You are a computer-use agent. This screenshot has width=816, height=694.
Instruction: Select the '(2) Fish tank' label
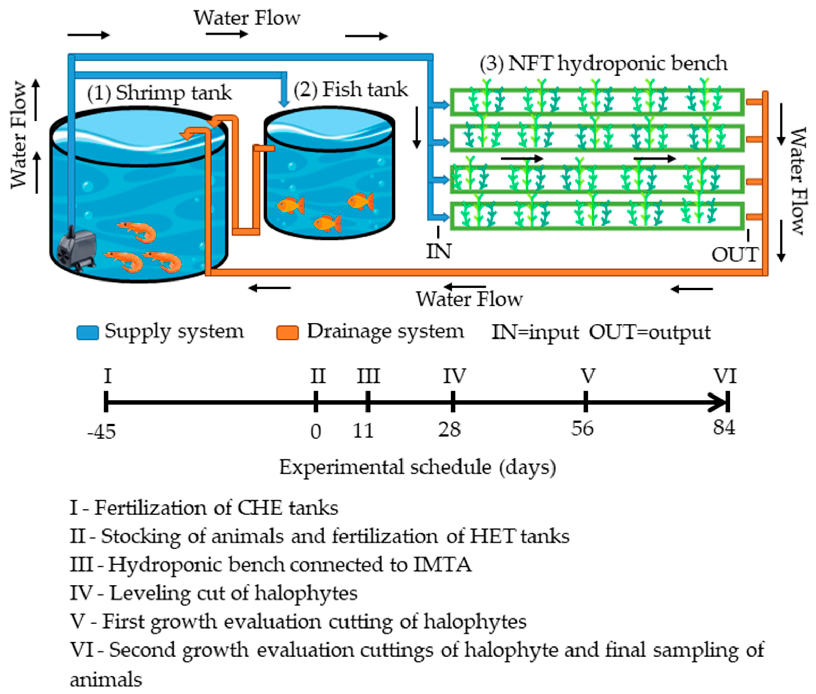tap(350, 89)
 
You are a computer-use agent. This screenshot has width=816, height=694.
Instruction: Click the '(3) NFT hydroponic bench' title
tap(603, 63)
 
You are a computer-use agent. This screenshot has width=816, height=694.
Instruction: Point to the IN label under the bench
tap(438, 251)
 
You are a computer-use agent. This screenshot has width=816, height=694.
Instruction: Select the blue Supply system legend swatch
tap(87, 332)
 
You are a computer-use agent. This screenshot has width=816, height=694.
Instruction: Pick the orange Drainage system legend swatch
tap(287, 332)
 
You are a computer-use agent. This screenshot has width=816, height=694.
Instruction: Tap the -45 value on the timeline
tap(101, 432)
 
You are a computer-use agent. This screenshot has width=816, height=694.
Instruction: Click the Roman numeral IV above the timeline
tap(454, 376)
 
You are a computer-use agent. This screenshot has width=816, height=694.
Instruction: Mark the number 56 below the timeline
tap(582, 428)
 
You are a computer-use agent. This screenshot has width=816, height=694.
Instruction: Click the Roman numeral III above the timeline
tap(368, 376)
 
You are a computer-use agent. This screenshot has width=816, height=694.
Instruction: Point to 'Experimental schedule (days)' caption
tap(417, 468)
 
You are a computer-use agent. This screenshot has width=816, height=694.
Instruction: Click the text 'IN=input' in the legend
tap(535, 332)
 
